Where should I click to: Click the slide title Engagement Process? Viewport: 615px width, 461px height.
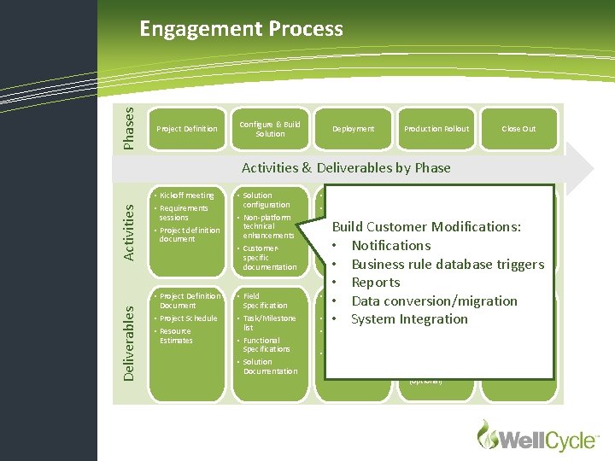pyautogui.click(x=241, y=29)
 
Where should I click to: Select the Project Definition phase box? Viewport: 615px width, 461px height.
pyautogui.click(x=187, y=129)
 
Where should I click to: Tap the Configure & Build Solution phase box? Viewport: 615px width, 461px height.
pyautogui.click(x=270, y=129)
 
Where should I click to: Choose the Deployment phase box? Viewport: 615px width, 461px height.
pyautogui.click(x=353, y=129)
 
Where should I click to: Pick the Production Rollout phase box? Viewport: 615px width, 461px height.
pyautogui.click(x=436, y=129)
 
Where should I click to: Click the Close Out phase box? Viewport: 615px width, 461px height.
pyautogui.click(x=518, y=129)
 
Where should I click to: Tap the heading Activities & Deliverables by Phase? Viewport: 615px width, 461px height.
pyautogui.click(x=346, y=167)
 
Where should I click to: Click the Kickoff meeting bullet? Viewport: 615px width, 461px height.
pyautogui.click(x=186, y=195)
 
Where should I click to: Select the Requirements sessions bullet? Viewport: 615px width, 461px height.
pyautogui.click(x=184, y=213)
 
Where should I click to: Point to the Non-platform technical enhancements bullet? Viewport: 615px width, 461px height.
pyautogui.click(x=267, y=226)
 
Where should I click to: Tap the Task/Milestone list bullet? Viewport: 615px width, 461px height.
pyautogui.click(x=269, y=323)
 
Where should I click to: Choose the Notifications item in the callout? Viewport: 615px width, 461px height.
pyautogui.click(x=391, y=246)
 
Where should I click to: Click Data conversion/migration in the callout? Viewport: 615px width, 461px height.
pyautogui.click(x=434, y=301)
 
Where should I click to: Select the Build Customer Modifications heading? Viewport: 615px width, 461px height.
pyautogui.click(x=427, y=227)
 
